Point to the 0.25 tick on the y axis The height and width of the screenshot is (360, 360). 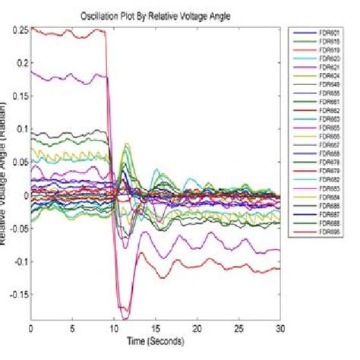[x=17, y=30]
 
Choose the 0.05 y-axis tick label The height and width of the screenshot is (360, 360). [x=17, y=162]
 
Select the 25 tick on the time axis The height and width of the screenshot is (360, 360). [x=239, y=330]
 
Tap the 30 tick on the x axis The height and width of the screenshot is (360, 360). [x=280, y=330]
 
